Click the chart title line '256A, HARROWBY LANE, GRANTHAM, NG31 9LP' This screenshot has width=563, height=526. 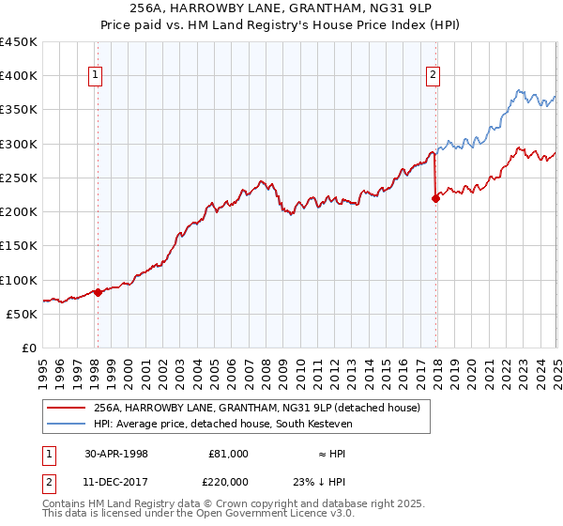pyautogui.click(x=281, y=10)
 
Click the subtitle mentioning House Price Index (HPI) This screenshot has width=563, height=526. pyautogui.click(x=281, y=26)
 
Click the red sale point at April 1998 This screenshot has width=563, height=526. pyautogui.click(x=98, y=292)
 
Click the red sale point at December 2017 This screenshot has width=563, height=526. pyautogui.click(x=435, y=198)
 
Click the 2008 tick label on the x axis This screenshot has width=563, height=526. pyautogui.click(x=266, y=370)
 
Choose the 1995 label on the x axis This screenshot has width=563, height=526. pyautogui.click(x=43, y=370)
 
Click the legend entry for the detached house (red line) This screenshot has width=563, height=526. pyautogui.click(x=262, y=408)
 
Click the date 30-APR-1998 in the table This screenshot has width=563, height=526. pyautogui.click(x=116, y=454)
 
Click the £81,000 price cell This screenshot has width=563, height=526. pyautogui.click(x=228, y=454)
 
